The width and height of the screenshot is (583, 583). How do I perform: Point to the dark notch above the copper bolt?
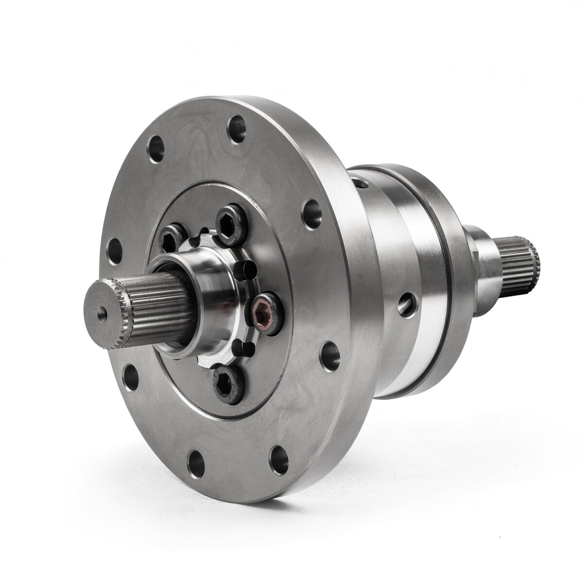[243, 268]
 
